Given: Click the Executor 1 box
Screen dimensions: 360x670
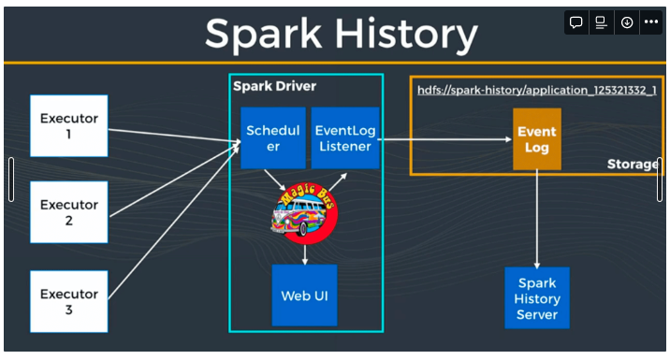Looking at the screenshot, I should coord(68,125).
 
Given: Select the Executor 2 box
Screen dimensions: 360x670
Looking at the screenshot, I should coord(68,212).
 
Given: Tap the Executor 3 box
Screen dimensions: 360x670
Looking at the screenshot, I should coord(68,301).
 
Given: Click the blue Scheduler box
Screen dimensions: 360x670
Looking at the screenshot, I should coord(272,137).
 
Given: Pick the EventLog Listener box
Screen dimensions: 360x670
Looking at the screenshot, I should coord(344,137).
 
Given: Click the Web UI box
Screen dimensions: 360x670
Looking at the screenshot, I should coord(304,295).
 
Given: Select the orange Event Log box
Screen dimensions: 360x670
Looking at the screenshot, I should coord(536,139).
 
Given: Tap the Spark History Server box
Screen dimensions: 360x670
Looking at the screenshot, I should coord(536,298).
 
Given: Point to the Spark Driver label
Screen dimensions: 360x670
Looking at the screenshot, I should coord(274,86).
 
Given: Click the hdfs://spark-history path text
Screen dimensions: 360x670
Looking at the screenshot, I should coord(536,91).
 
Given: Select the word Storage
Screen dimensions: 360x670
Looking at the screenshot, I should coord(632,165).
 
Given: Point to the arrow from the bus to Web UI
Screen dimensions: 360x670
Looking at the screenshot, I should coord(305,251).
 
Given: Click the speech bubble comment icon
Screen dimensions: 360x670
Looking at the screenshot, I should coord(576,22).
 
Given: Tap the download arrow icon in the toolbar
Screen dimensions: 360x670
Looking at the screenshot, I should coord(626,22).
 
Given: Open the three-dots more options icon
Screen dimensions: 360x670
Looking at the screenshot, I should coord(650,22).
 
